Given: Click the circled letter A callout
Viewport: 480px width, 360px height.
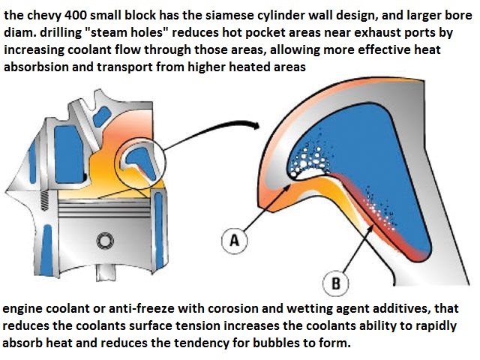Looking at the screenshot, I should (234, 241).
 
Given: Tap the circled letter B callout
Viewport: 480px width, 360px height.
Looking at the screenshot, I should (335, 283).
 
